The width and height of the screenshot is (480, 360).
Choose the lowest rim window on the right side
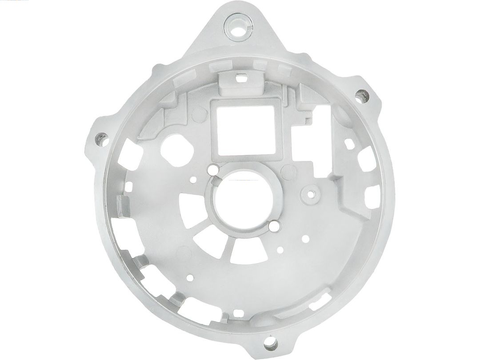[x=372, y=195]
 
